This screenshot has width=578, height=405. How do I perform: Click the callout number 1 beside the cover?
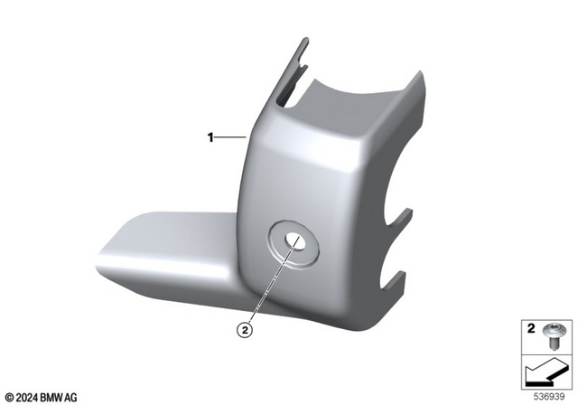(210, 138)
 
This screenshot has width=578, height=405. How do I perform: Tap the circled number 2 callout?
(244, 331)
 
